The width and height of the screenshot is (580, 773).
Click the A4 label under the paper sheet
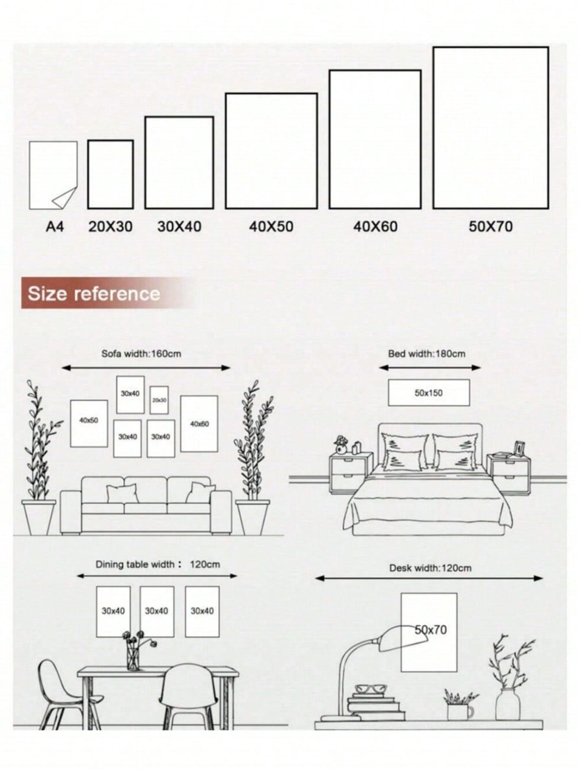point(55,226)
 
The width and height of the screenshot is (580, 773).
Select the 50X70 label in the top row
point(491,226)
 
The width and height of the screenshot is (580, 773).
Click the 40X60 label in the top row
point(375,226)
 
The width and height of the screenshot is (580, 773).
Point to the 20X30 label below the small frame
point(110,226)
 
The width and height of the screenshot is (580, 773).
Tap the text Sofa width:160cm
point(141,353)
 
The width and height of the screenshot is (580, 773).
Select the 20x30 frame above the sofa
point(159,400)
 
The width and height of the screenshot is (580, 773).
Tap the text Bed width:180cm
point(426,353)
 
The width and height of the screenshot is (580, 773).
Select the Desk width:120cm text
point(430,568)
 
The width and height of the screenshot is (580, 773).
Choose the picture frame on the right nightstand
point(519,448)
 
